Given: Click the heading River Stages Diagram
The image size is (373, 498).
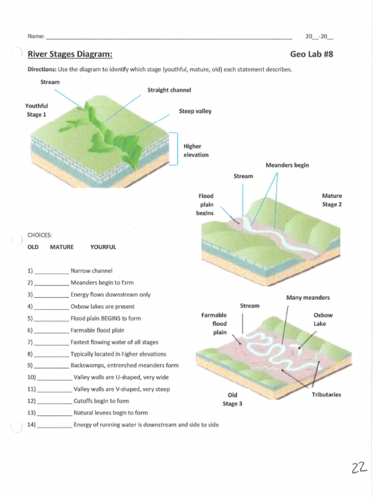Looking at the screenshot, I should click(x=70, y=54).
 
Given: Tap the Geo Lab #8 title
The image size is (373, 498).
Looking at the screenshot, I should click(x=311, y=54).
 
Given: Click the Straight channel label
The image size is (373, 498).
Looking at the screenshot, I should click(x=169, y=90).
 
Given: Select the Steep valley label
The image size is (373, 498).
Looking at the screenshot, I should click(x=195, y=111).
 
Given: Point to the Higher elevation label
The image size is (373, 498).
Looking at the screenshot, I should click(x=196, y=150).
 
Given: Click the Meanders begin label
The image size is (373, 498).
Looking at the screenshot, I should click(x=287, y=165).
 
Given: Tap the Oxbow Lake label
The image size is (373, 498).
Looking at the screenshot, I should click(x=323, y=319).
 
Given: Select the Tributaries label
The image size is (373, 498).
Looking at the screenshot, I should click(x=326, y=394).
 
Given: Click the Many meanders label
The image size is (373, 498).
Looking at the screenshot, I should click(x=308, y=297).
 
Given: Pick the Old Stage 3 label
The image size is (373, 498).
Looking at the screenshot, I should click(x=232, y=399).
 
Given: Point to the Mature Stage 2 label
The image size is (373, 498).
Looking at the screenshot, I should click(x=332, y=200).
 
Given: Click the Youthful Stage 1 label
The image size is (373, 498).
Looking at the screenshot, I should click(x=36, y=110).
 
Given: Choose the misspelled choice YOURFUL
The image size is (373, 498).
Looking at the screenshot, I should click(x=103, y=247).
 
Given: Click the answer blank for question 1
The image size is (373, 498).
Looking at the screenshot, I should click(x=52, y=271).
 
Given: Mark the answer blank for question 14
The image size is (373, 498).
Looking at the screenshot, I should click(x=54, y=425).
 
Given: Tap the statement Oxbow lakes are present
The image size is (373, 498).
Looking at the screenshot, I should click(x=102, y=306).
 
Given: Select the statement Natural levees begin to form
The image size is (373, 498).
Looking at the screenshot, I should click(x=110, y=413).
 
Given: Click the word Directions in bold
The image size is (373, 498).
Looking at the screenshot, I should click(x=42, y=69).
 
